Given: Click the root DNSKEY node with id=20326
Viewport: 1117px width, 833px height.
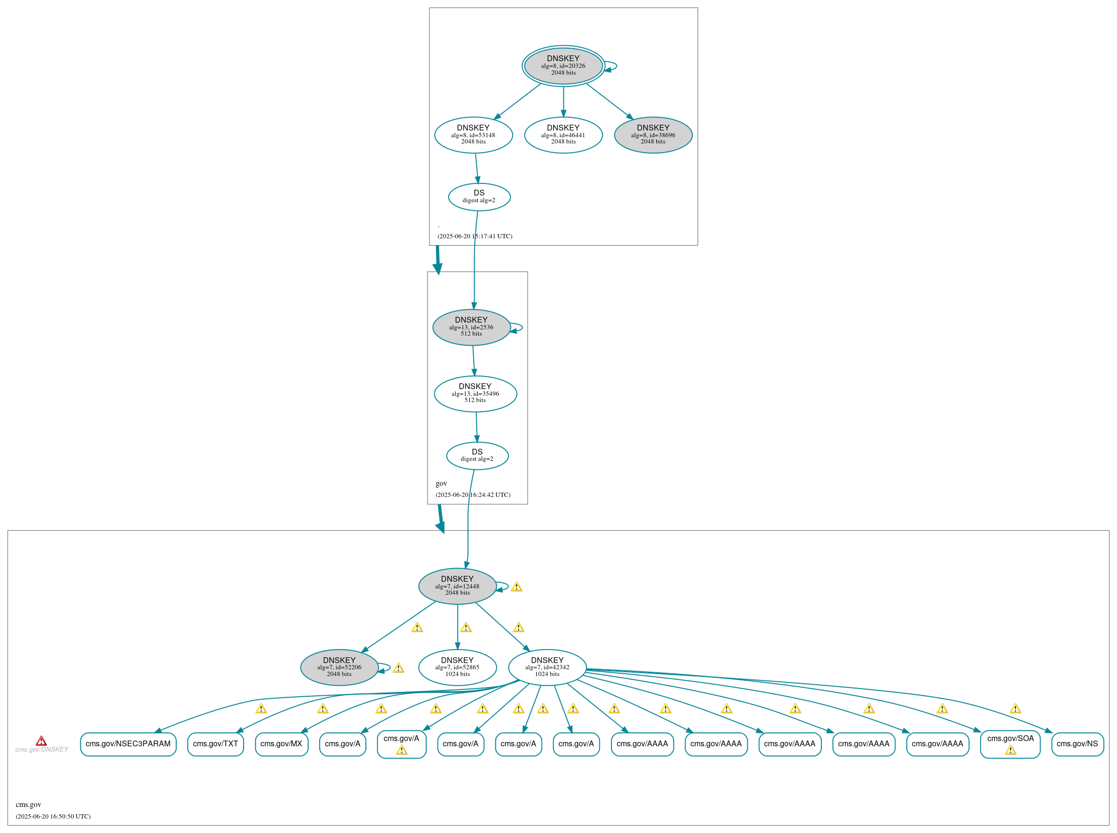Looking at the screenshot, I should click(x=563, y=65).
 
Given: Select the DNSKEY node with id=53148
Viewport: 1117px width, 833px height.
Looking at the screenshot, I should click(x=473, y=135).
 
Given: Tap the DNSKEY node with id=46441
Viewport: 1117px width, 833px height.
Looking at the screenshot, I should click(x=563, y=135).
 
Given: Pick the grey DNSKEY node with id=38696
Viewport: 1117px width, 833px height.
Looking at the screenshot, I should click(x=653, y=135).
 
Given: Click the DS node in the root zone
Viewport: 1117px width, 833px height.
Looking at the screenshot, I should click(x=479, y=196).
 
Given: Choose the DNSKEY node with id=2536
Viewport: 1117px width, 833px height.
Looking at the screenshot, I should click(x=471, y=327).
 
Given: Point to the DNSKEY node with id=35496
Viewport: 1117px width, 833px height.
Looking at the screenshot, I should click(x=475, y=394).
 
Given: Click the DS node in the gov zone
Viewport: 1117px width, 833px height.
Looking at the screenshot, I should click(x=477, y=456).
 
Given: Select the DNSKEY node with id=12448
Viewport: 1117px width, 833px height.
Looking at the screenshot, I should click(x=457, y=586).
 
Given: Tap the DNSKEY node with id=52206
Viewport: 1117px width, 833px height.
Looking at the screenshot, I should click(x=339, y=667).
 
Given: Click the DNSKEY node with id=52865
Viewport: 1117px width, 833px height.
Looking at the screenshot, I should click(x=457, y=667).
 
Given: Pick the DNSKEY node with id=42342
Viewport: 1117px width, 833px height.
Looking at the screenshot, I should click(x=547, y=667).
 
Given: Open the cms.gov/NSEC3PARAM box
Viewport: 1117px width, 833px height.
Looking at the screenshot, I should click(x=128, y=744).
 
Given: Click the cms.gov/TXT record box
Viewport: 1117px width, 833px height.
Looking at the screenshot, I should click(x=215, y=744).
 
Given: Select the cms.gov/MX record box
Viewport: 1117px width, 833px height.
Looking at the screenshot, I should click(x=281, y=744).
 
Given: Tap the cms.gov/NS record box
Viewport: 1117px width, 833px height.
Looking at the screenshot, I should click(x=1077, y=744).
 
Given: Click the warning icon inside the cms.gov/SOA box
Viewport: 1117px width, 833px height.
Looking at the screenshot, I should click(x=1010, y=750).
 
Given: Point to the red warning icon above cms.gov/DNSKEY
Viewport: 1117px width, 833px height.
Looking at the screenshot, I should click(x=41, y=741).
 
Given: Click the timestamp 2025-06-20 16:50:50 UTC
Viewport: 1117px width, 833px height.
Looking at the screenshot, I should click(x=53, y=816).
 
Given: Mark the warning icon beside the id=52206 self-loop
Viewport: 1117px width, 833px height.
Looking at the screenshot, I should click(x=398, y=668).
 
